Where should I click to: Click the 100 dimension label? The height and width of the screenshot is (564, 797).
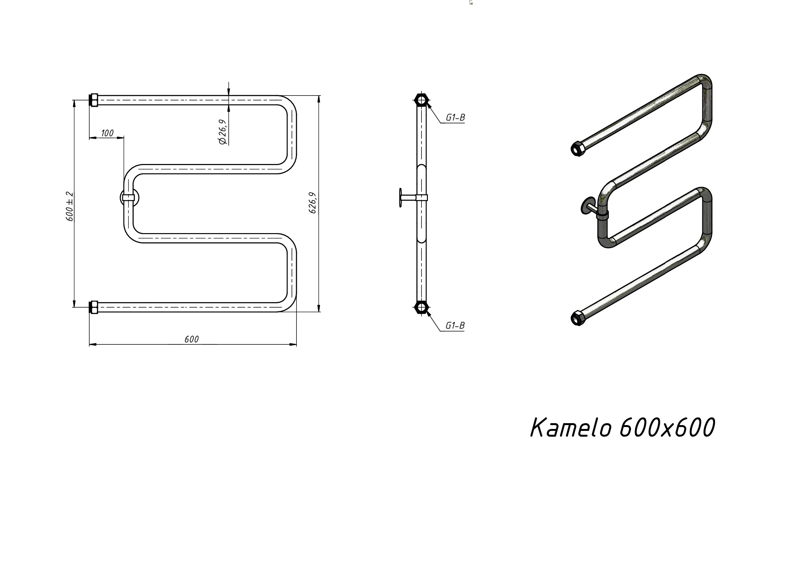point(107,133)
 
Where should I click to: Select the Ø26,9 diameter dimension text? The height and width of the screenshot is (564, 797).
point(222,132)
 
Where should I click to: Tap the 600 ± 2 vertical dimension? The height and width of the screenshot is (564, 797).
point(69,206)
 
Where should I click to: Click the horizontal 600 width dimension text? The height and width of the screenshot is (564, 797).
point(191,339)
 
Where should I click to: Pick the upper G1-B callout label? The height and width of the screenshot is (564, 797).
point(455,118)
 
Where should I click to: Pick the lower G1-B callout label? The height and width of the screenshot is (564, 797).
point(455,326)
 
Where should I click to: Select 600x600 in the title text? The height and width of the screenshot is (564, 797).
point(667,427)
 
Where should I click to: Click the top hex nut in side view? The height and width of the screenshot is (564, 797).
point(422,100)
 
